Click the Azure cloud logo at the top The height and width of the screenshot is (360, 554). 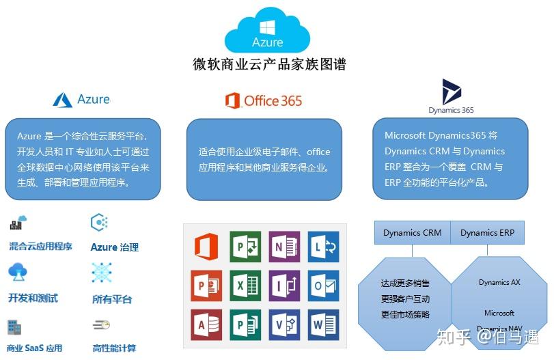268,31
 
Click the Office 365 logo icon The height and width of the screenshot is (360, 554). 232,100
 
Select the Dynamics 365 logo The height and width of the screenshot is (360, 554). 451,96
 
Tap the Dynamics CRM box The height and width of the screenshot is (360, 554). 413,232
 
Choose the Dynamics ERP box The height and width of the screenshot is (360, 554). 487,232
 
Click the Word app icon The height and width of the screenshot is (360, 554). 323,324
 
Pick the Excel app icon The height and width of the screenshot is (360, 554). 245,286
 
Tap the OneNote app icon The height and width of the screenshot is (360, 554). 284,247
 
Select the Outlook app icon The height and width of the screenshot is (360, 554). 323,286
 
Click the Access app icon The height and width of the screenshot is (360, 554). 206,324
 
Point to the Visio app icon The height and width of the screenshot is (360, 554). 284,324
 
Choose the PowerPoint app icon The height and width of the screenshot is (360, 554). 206,286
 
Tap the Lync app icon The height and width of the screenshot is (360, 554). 323,247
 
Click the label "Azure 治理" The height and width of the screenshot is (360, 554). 115,247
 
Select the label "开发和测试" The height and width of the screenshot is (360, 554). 33,298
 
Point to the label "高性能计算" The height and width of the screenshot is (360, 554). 114,348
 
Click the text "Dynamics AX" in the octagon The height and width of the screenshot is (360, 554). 499,282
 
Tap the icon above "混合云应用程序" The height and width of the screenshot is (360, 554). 18,222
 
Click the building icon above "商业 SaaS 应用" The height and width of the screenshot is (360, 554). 14,327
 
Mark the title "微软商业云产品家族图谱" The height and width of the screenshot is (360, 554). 269,64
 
